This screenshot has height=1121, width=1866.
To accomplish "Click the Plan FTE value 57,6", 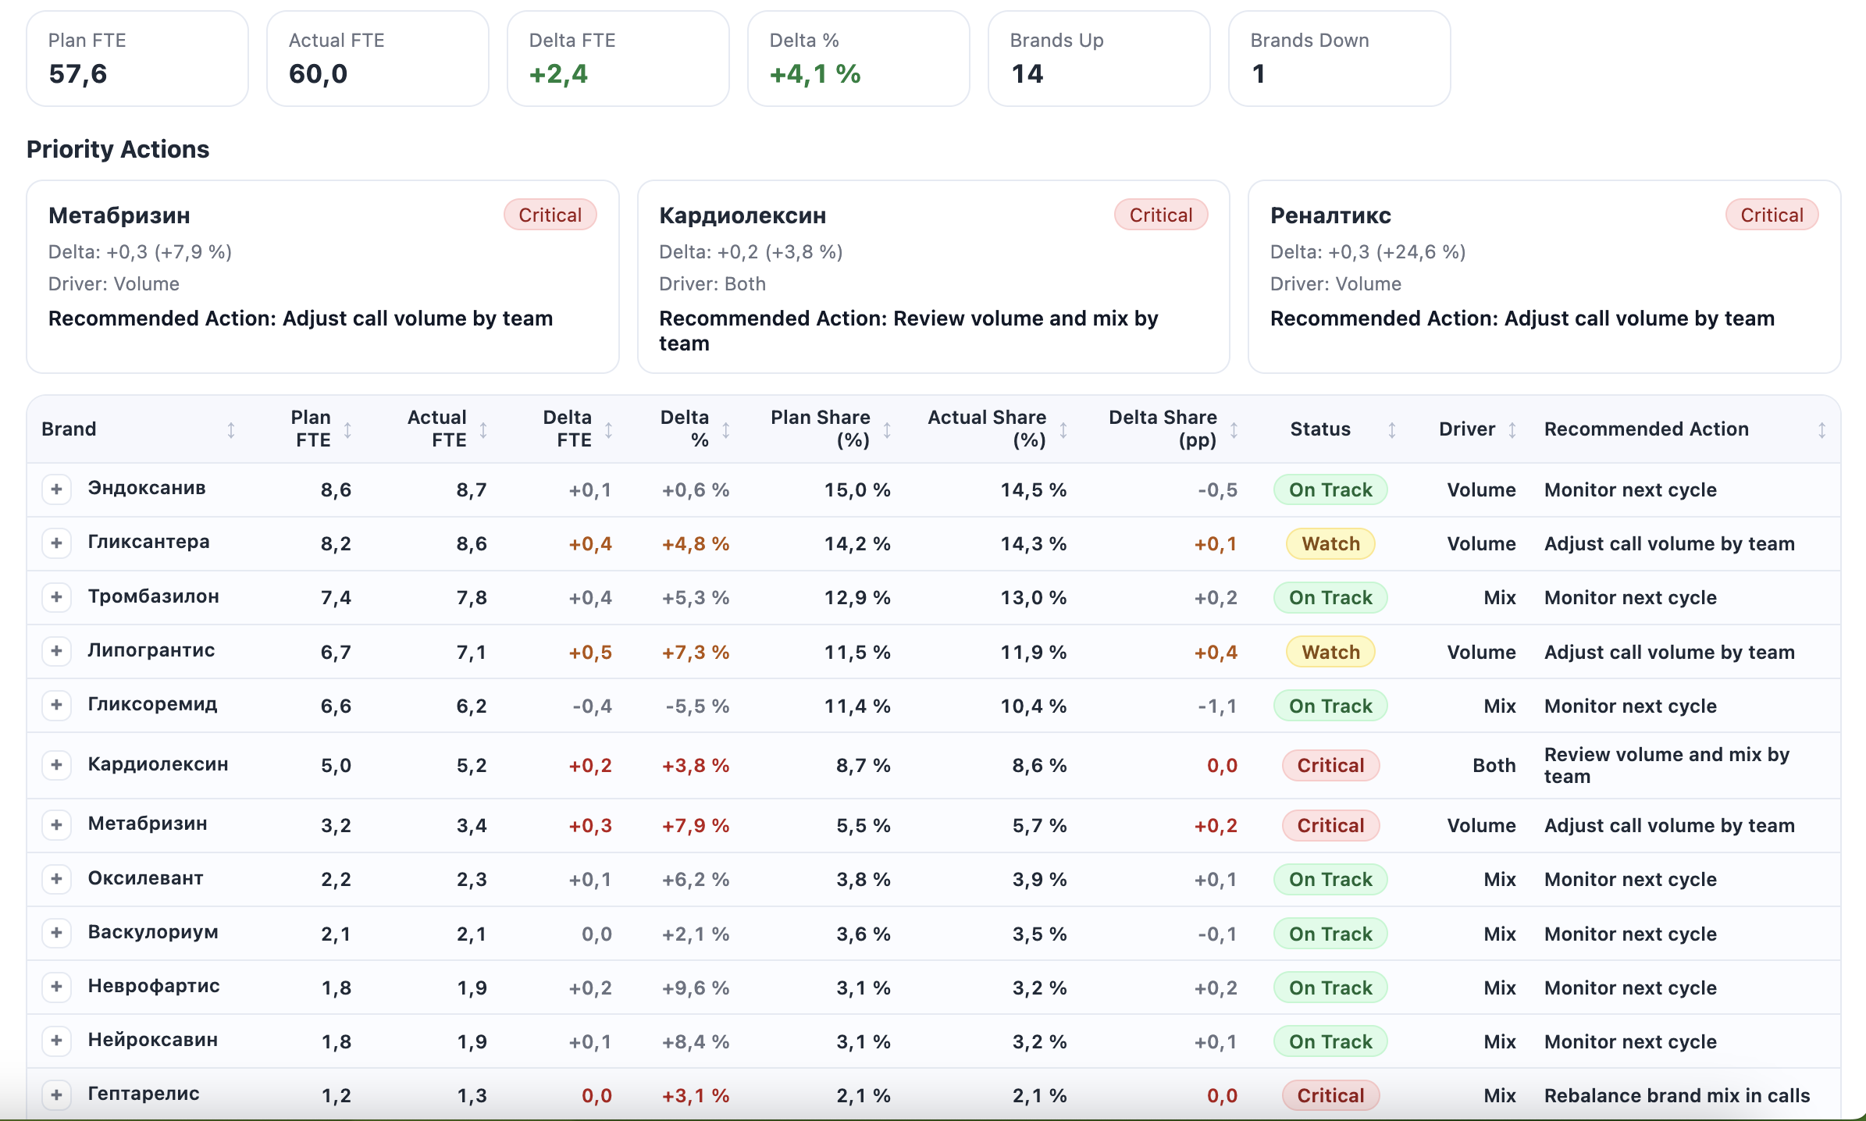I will point(78,74).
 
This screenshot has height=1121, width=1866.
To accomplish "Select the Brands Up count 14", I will point(1027,74).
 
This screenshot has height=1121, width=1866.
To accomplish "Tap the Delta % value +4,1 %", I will point(814,74).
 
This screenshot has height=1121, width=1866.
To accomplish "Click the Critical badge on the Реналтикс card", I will point(1771,215).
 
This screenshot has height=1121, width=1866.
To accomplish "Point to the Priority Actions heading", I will point(118,149).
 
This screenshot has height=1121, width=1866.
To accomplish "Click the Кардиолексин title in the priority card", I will point(742,215).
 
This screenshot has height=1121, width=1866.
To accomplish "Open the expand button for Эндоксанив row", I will point(56,489).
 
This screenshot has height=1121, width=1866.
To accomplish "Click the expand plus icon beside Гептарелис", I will point(56,1094).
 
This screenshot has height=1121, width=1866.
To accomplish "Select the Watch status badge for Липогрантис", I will point(1330,652).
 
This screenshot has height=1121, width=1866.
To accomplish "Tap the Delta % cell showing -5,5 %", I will point(696,706).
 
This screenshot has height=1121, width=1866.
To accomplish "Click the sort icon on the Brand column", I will point(231,430).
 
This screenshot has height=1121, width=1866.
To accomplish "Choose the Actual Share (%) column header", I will point(986,429).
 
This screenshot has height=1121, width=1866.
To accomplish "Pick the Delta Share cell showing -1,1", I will point(1216,706).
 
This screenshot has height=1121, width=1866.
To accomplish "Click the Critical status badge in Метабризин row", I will point(1330,825).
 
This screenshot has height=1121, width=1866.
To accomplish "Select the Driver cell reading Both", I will point(1494,766).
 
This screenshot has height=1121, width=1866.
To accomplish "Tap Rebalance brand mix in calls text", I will point(1676,1095).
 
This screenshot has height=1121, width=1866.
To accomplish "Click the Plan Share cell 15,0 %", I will point(856,490).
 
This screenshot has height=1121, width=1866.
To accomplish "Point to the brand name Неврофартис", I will point(154,986).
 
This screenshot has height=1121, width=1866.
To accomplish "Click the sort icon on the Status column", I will point(1391,430).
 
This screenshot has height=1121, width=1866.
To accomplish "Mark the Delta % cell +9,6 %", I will point(695,988).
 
